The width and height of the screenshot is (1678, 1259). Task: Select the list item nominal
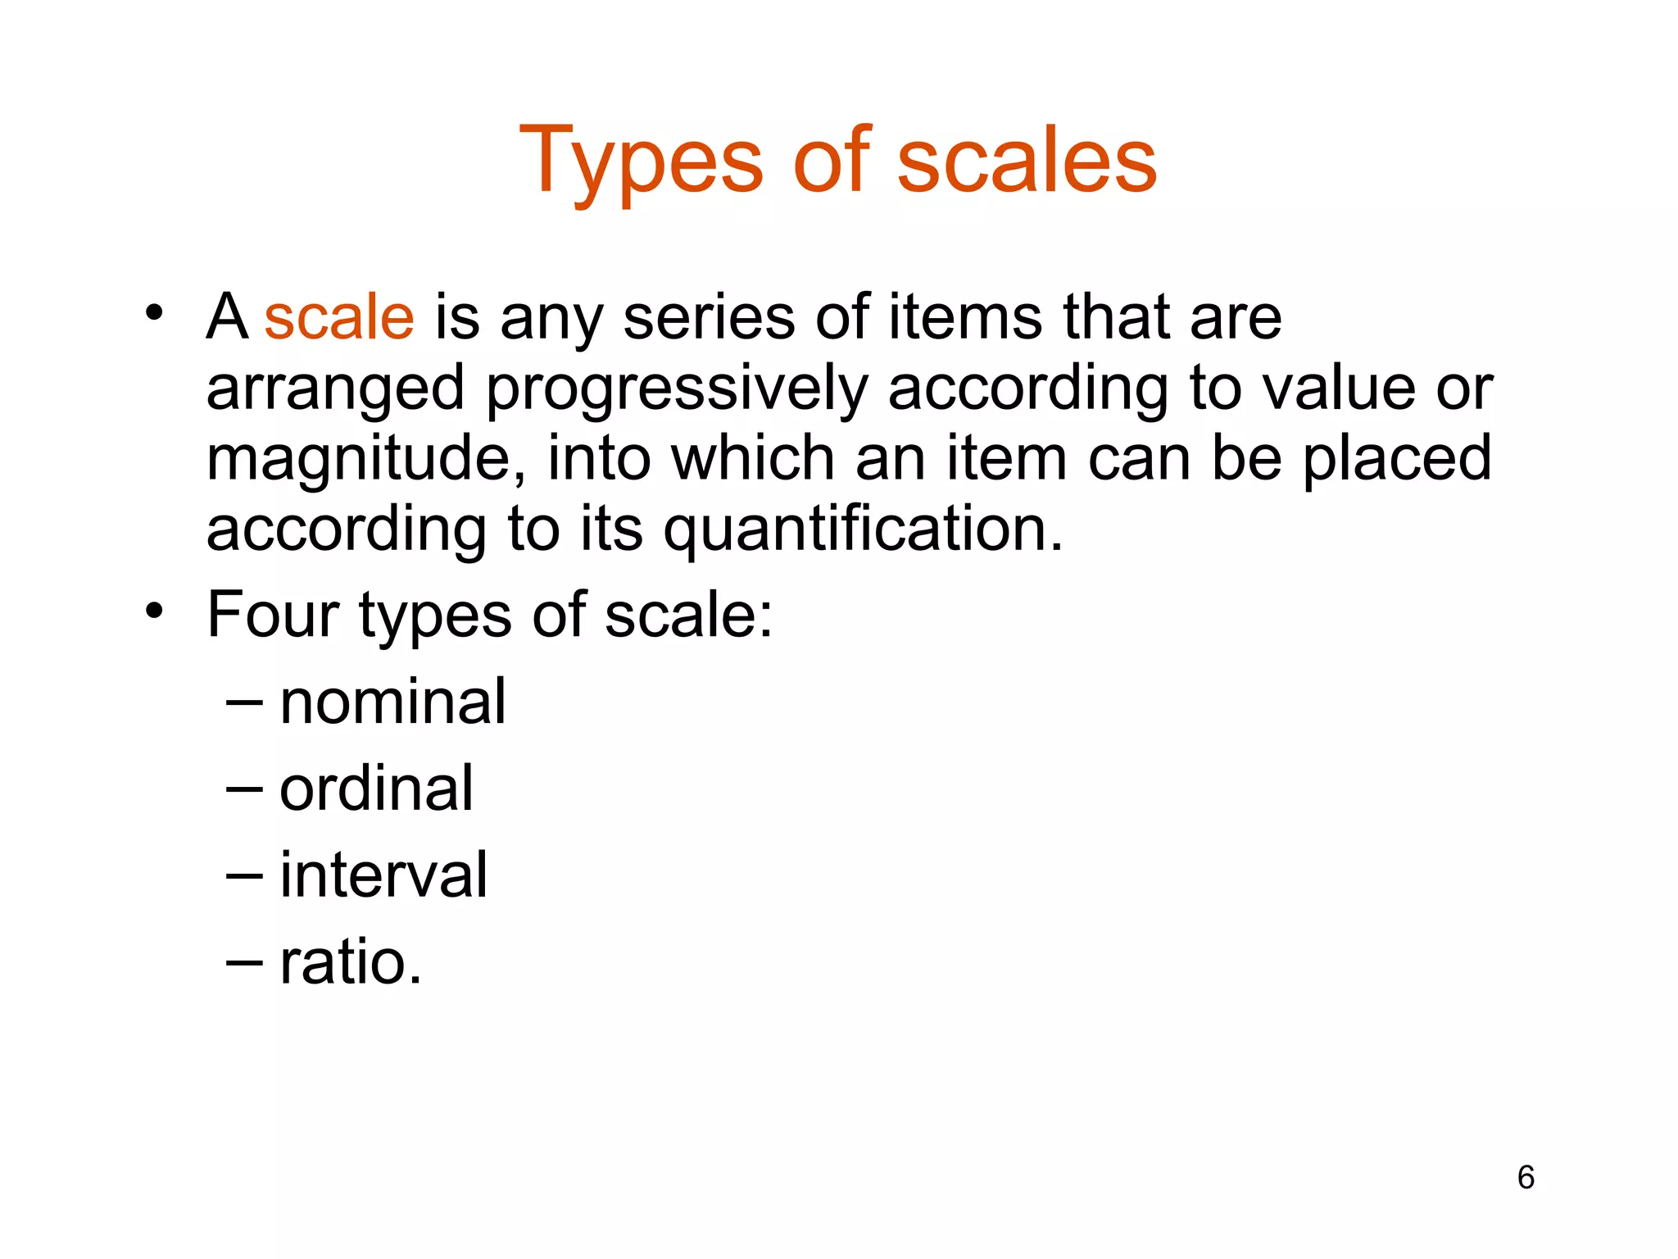point(392,702)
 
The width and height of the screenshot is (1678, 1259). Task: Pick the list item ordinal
point(376,789)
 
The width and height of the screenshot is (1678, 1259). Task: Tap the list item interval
point(383,875)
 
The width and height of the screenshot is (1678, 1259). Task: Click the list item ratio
point(351,962)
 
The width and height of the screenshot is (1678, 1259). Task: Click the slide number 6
point(1525,1178)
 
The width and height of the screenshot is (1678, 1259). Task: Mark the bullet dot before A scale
point(154,313)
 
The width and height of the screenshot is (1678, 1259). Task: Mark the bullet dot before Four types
point(154,611)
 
